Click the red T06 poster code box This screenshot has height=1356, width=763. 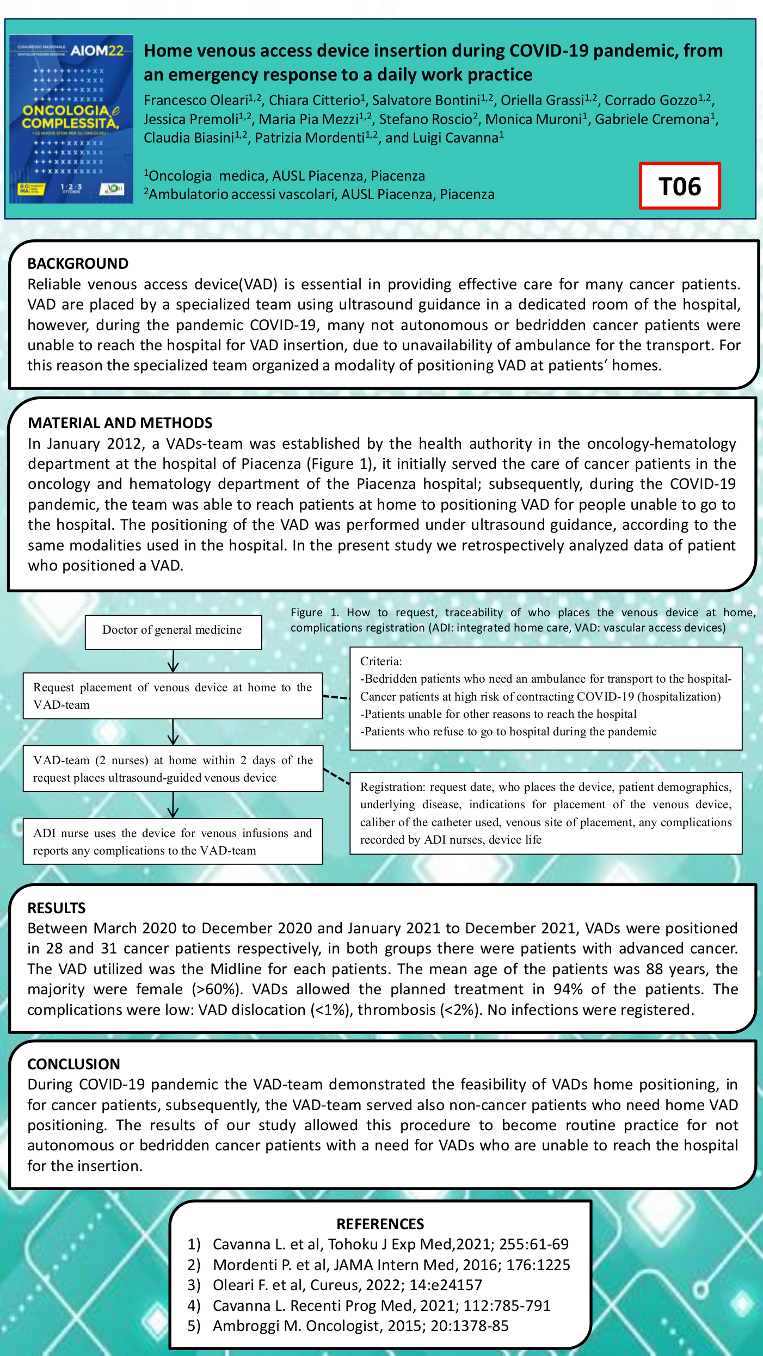(x=680, y=186)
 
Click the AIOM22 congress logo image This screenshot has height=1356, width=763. (x=71, y=119)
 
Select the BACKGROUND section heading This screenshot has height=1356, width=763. (x=78, y=264)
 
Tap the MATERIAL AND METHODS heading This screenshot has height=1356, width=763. (x=120, y=423)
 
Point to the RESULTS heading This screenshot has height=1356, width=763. (x=57, y=908)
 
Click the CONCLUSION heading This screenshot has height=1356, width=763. (x=73, y=1064)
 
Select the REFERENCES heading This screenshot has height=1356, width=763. (x=380, y=1224)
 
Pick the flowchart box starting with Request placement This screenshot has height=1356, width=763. (x=173, y=696)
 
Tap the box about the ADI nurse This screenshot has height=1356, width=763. (x=173, y=841)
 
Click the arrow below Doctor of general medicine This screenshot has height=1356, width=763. (x=173, y=661)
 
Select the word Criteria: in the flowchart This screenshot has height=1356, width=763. (x=381, y=661)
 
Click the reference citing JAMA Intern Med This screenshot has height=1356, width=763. (x=391, y=1265)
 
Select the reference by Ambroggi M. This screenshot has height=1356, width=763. (x=360, y=1326)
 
